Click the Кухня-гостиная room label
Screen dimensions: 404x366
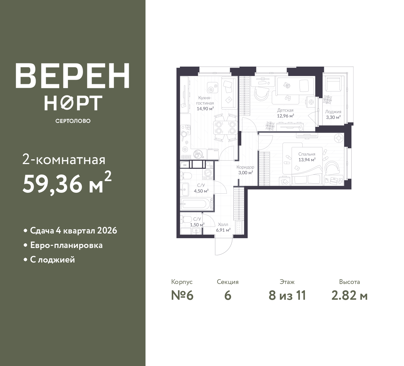point(205,100)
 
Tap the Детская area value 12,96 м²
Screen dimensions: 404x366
point(286,116)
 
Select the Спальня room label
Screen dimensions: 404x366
point(307,154)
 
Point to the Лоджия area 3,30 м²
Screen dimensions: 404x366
point(333,117)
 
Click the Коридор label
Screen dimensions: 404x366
point(245,167)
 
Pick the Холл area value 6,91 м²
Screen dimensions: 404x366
point(223,230)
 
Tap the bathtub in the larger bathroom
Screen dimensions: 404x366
point(196,204)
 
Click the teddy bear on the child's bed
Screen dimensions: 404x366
point(287,86)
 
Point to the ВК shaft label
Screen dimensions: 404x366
point(185,165)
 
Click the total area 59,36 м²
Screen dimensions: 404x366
point(67,182)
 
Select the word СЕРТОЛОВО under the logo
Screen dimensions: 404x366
point(73,121)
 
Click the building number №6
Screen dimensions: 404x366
point(182,296)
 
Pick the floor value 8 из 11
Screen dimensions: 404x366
point(287,296)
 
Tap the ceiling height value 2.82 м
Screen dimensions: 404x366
point(349,296)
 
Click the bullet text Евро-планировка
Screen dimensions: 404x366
point(66,245)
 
